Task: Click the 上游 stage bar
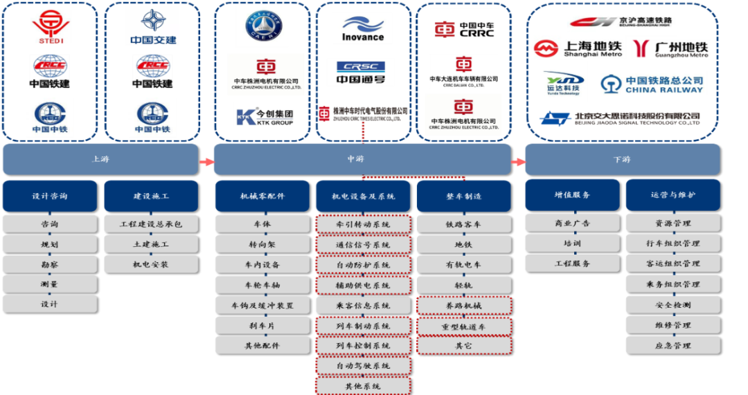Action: tap(100, 159)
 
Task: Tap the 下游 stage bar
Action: tap(622, 159)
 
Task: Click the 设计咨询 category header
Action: tap(51, 196)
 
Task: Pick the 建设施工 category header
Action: tap(152, 196)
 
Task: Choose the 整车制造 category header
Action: tap(463, 196)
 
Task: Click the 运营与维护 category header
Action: tap(673, 196)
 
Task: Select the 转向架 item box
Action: tap(262, 245)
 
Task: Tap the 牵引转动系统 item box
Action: tap(363, 225)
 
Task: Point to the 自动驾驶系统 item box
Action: tap(363, 365)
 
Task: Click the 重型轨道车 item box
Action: tap(463, 326)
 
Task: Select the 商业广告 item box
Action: tap(572, 223)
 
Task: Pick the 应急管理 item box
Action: tap(673, 345)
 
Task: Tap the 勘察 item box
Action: tap(51, 264)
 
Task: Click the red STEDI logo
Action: tap(51, 27)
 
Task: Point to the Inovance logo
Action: tap(362, 29)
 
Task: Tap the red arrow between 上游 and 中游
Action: tap(206, 162)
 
